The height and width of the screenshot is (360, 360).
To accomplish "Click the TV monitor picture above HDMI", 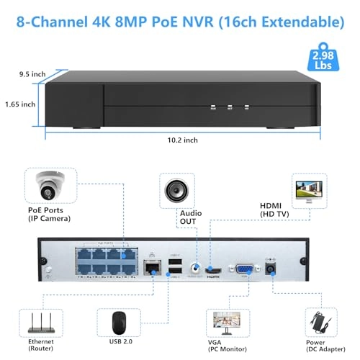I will (312, 192).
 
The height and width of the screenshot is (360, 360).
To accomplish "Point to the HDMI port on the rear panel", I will (213, 271).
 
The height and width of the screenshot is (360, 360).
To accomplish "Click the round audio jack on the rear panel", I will (194, 270).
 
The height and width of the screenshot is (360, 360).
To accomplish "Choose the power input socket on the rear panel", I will (271, 268).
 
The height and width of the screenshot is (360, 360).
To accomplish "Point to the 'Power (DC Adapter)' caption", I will (318, 348).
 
